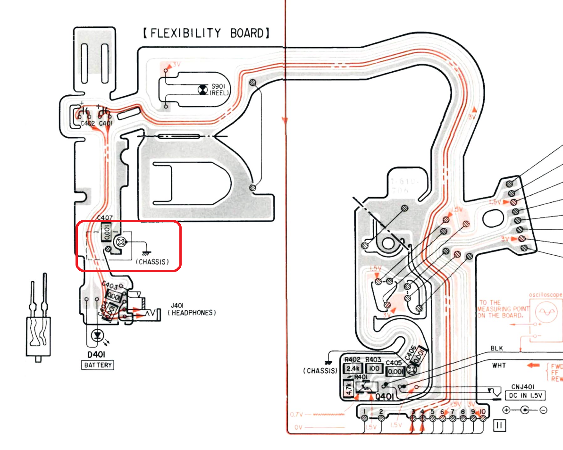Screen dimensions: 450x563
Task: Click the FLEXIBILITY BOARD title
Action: (206, 33)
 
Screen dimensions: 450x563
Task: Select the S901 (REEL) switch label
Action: (219, 90)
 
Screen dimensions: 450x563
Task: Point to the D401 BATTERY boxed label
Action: (98, 365)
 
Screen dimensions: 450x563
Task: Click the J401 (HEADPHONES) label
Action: (192, 309)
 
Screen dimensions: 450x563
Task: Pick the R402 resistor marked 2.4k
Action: (353, 368)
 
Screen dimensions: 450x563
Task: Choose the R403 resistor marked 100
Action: (374, 368)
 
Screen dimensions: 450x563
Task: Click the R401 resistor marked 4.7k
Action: (349, 389)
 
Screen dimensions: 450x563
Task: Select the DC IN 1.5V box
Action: (525, 395)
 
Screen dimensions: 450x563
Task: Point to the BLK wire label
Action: (497, 349)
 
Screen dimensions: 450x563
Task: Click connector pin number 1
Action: (364, 417)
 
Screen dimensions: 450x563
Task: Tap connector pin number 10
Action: (482, 417)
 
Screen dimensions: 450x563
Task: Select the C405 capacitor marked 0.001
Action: (395, 371)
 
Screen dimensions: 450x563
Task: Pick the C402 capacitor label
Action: (87, 124)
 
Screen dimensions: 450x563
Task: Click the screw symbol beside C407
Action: (122, 242)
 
